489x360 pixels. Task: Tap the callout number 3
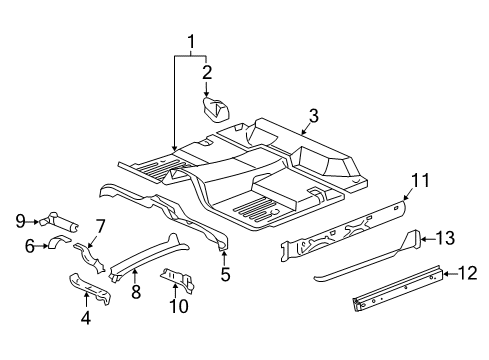pyautogui.click(x=313, y=116)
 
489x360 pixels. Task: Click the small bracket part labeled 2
pyautogui.click(x=215, y=108)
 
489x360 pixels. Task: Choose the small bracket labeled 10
pyautogui.click(x=176, y=280)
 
